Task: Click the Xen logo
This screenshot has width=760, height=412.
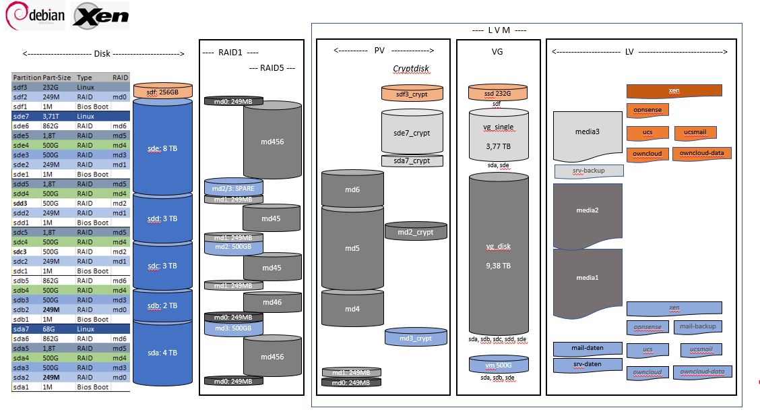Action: pos(100,16)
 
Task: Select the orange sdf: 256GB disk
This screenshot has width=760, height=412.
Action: pos(164,92)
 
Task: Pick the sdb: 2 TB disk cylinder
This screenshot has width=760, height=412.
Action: pos(164,305)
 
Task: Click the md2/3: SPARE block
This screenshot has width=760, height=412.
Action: pos(233,189)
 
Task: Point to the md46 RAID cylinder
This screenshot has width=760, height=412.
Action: pos(272,303)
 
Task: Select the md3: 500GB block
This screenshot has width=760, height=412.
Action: pos(233,328)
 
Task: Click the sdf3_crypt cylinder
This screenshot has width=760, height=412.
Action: pos(412,93)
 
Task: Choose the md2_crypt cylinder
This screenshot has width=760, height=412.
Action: pos(416,231)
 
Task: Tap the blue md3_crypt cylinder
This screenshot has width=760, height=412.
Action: pos(416,337)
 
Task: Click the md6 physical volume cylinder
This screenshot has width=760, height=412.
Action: pos(352,189)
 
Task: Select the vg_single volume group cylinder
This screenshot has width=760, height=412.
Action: pos(499,135)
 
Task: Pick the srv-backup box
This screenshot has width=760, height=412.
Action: pos(588,171)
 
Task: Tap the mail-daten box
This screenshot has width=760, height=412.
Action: pos(588,349)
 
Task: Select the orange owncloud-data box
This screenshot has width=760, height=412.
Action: pos(701,154)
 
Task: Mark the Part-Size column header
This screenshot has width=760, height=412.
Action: pos(57,78)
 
